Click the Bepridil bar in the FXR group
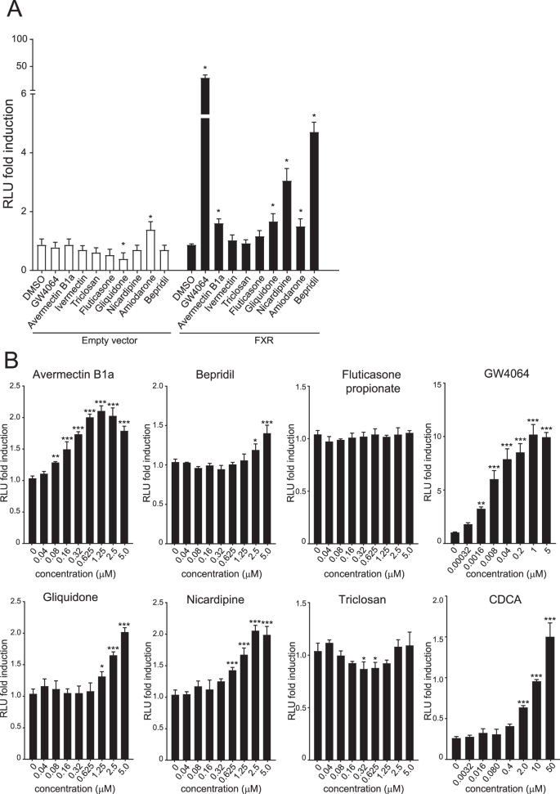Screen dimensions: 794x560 tap(313, 201)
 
